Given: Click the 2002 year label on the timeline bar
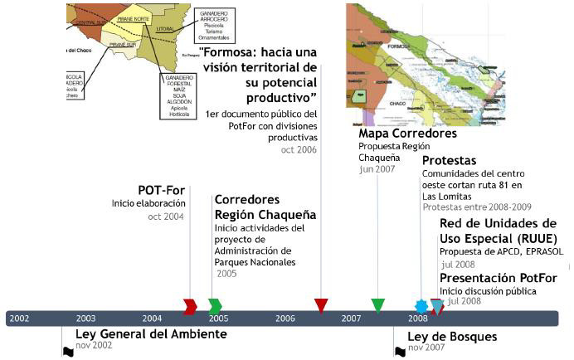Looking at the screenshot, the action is [19, 319].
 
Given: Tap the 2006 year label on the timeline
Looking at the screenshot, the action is [285, 319].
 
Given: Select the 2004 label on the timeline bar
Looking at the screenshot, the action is [152, 319].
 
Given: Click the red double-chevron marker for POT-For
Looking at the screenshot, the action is [190, 306].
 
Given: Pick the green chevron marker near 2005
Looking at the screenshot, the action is [215, 306].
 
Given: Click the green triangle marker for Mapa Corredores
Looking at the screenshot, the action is [378, 305].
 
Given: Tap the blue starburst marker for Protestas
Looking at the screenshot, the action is [421, 306].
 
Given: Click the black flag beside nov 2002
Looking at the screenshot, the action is [68, 351].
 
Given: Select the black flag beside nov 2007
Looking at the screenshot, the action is [400, 351].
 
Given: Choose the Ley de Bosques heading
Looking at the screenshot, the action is [452, 336].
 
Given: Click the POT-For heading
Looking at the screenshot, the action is [161, 189].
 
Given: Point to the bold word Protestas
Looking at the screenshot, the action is [449, 160].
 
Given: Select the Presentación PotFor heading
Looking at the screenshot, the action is [498, 277].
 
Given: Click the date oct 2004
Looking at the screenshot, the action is [167, 216].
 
